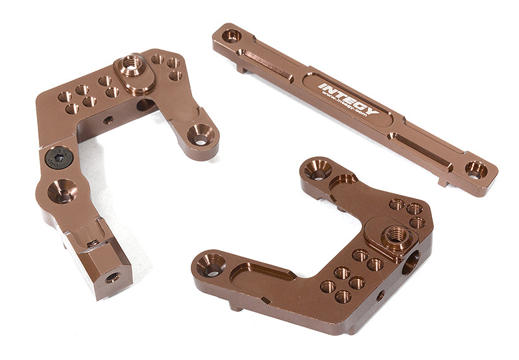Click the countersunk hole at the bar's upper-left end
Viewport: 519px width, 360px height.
click(232, 36)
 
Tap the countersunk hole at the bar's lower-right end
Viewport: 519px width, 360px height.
click(476, 170)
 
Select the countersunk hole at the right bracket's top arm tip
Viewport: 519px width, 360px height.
click(317, 171)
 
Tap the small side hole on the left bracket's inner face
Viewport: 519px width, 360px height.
click(108, 120)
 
